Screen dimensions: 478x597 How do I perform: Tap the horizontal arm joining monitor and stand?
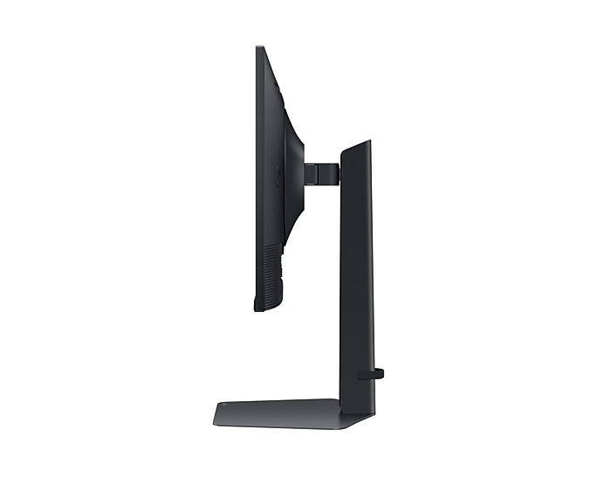coord(323,172)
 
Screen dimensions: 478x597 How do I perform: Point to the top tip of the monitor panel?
coord(259,48)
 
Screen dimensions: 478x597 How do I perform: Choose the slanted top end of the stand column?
coord(355,146)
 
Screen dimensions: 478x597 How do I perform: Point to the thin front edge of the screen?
coord(257,175)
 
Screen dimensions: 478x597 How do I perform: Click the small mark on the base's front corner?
coord(222,406)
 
